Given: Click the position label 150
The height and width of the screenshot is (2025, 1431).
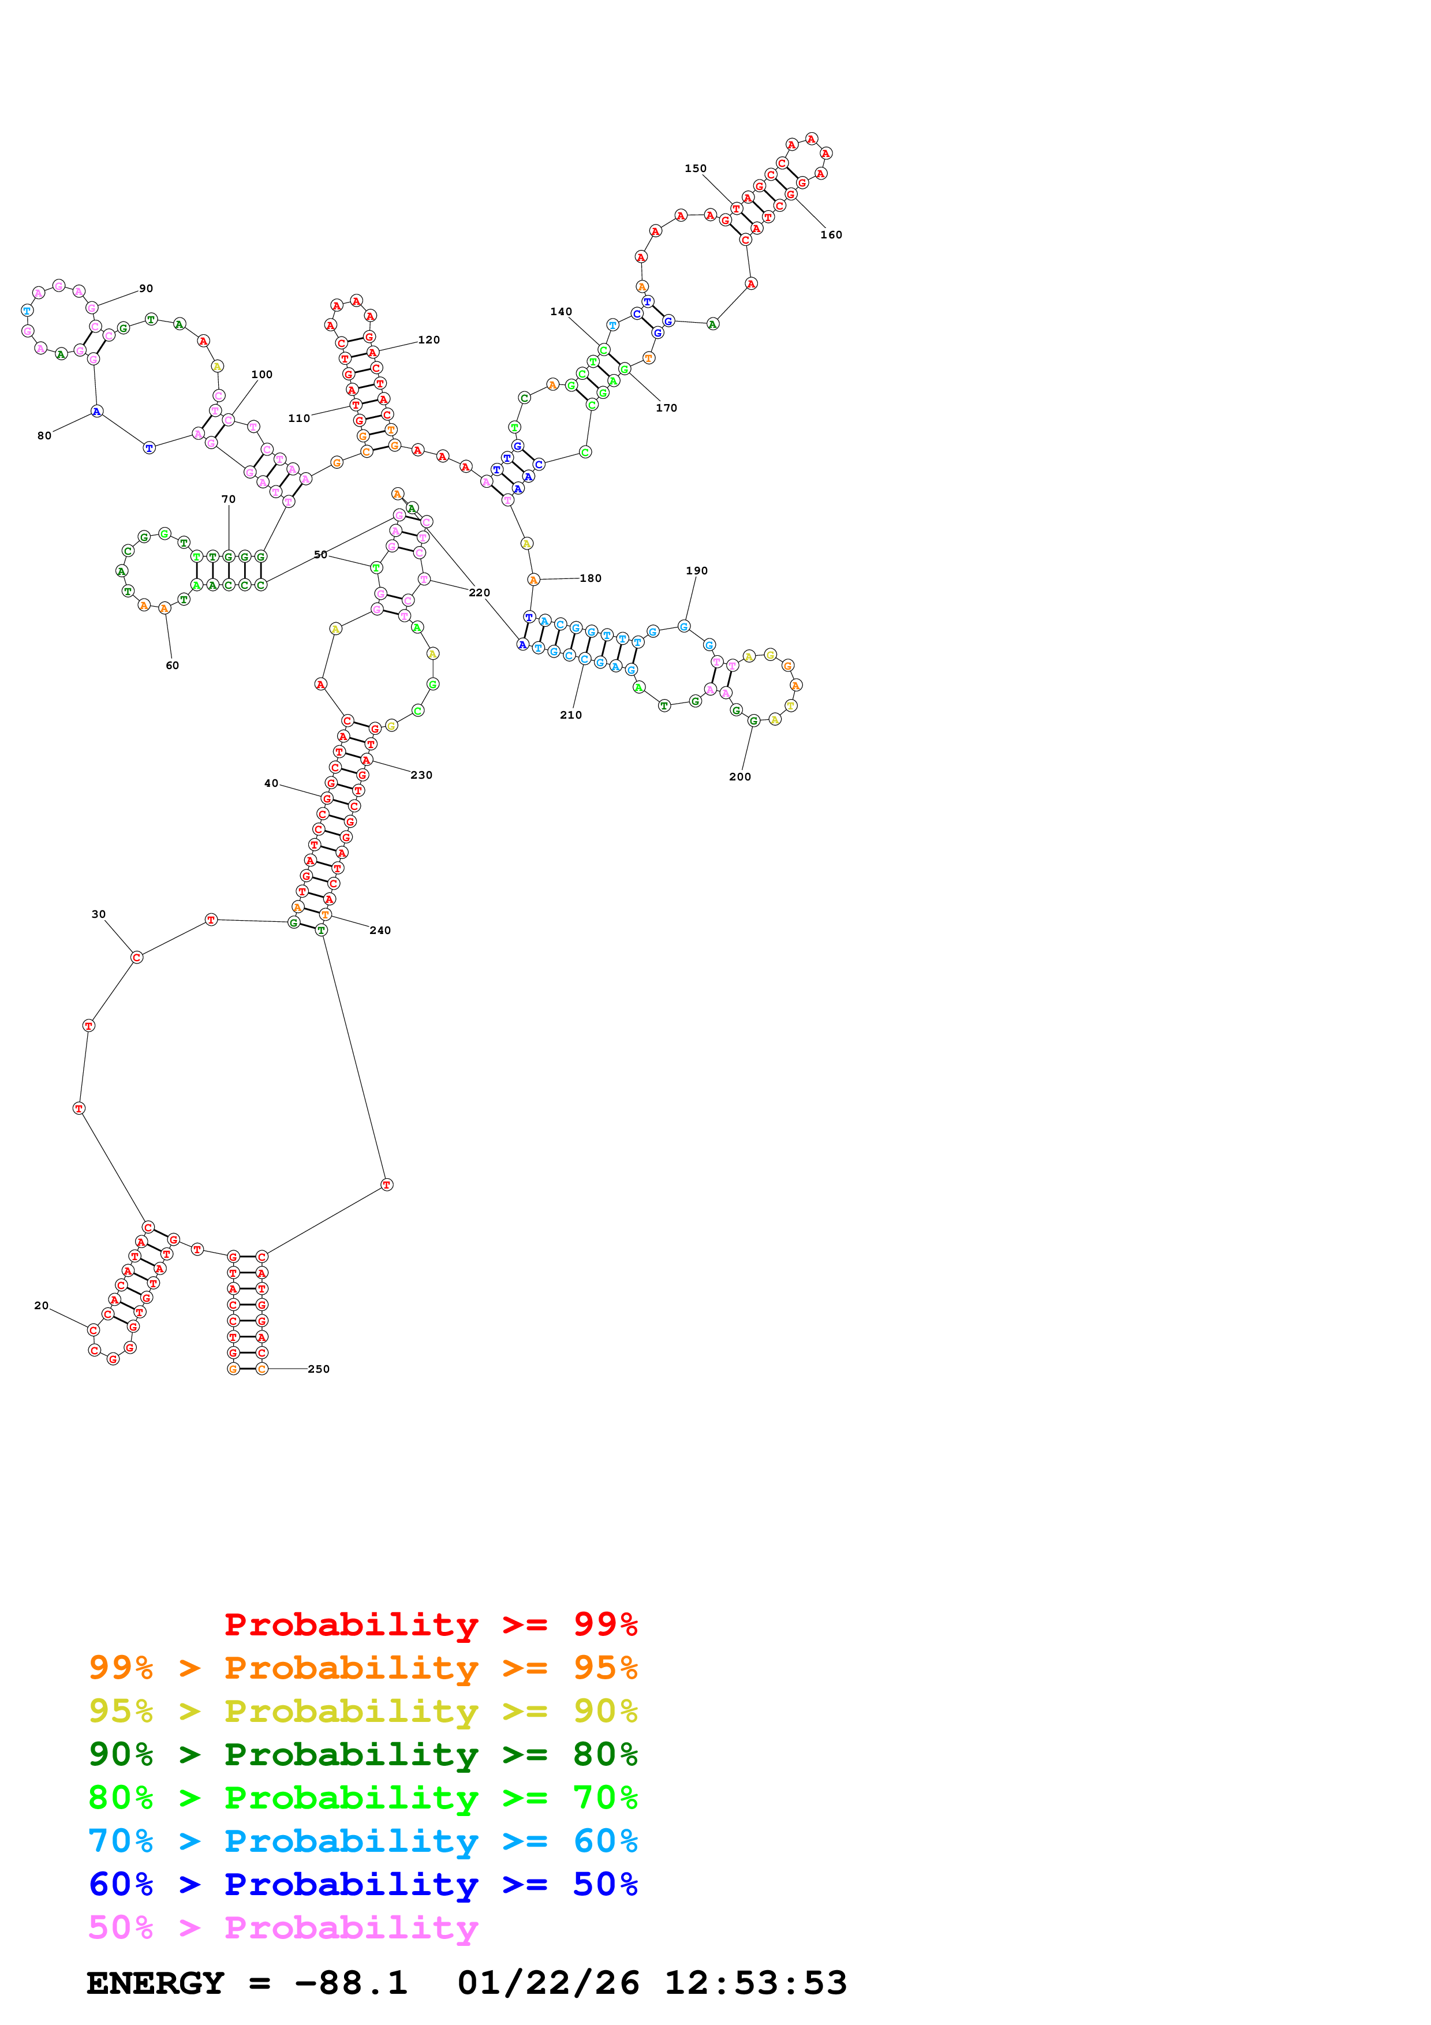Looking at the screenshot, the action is click(695, 169).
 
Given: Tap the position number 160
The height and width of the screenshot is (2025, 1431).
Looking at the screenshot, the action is click(831, 234).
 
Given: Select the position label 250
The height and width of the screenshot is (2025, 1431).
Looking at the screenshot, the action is click(318, 1369).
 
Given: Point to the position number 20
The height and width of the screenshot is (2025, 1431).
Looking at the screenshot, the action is click(42, 1305).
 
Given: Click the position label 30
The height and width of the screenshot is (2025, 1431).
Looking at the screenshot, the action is click(99, 914).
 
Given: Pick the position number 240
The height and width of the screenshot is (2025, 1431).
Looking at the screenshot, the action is click(380, 931).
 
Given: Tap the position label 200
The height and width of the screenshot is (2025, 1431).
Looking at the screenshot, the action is click(740, 777).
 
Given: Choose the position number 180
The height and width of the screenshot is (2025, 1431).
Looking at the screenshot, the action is click(591, 578).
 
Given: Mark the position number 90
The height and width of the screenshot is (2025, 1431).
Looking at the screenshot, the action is click(147, 289).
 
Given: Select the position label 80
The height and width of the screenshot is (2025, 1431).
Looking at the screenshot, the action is click(44, 436).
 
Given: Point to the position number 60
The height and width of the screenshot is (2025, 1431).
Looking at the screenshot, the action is click(172, 666).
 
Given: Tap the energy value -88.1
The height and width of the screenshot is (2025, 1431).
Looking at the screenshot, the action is click(351, 1983).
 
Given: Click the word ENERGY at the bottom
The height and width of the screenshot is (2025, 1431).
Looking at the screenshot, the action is click(155, 1983).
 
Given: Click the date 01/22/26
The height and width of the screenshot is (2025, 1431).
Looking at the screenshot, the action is click(548, 1983).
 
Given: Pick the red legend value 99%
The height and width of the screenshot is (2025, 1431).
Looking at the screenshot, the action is click(605, 1624).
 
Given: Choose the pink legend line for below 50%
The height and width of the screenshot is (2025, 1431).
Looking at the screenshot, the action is click(282, 1928).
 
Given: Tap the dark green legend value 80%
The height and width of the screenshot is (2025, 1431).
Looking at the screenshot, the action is click(605, 1754).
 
